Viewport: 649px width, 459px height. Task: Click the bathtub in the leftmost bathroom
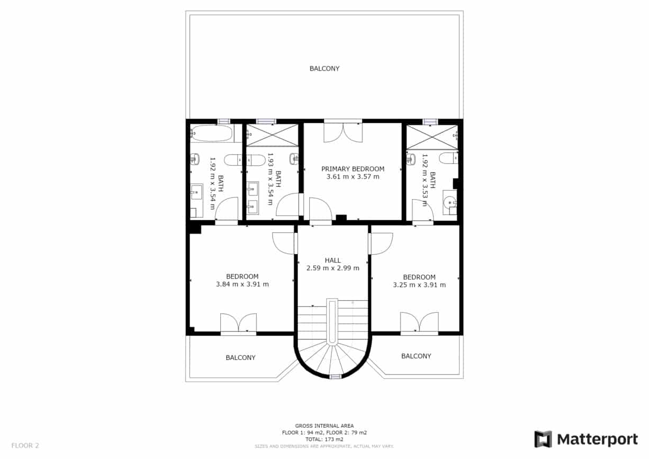211,133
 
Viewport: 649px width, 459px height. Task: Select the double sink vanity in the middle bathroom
253,197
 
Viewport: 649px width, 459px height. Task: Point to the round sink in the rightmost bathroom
449,202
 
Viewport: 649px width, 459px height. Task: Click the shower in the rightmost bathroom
431,137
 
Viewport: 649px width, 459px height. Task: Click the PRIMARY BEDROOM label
353,169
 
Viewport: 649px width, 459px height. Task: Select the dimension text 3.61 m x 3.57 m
353,177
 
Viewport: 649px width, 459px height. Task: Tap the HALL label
332,260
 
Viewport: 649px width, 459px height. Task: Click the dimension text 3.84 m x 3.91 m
242,284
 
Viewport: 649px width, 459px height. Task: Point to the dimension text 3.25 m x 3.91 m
419,284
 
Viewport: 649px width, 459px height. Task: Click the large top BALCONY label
324,68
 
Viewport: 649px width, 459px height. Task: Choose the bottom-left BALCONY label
240,358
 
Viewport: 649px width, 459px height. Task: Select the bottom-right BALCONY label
416,356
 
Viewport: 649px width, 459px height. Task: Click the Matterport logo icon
543,439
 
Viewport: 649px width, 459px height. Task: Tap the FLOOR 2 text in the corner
25,445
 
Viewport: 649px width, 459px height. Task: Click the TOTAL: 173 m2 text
324,439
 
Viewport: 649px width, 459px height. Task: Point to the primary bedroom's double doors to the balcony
343,131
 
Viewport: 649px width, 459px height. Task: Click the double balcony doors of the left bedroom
238,323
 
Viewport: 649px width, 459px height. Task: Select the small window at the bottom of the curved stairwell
335,376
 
